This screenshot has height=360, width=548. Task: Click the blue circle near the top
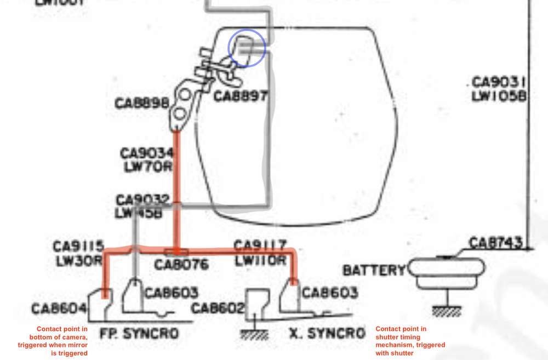click(x=247, y=48)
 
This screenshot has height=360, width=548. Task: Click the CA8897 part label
click(x=241, y=96)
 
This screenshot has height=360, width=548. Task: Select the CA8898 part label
click(x=141, y=103)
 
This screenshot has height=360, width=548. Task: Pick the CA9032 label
click(x=142, y=199)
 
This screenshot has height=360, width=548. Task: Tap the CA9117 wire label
click(x=260, y=246)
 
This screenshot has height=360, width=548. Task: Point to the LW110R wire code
click(x=260, y=260)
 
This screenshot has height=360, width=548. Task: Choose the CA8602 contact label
click(x=218, y=309)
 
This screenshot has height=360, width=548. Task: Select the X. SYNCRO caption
click(x=328, y=333)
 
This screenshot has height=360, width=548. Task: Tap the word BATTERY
click(x=374, y=270)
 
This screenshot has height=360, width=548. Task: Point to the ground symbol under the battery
click(x=447, y=311)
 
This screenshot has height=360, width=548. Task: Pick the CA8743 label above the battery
click(x=495, y=242)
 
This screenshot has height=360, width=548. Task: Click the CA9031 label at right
click(x=499, y=83)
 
